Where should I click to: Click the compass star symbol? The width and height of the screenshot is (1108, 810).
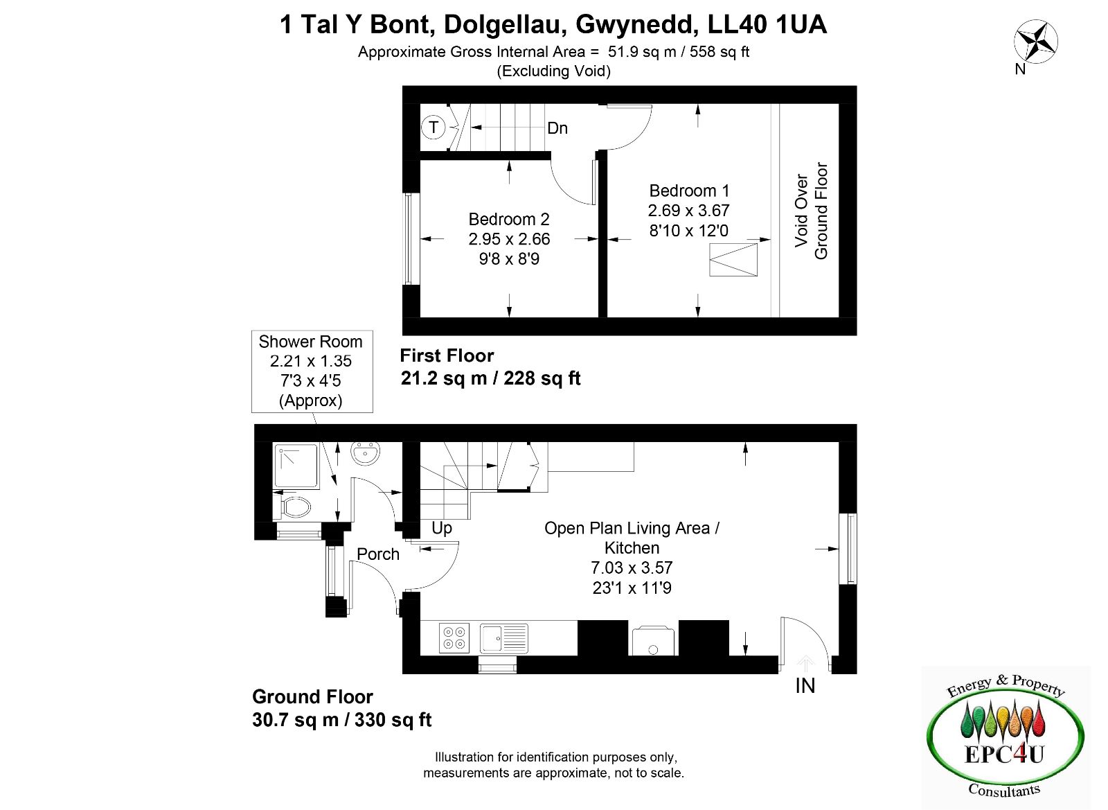[x=1036, y=42]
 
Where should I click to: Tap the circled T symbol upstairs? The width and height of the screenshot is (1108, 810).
[x=434, y=127]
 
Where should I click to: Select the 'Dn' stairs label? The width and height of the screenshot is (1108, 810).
[x=557, y=128]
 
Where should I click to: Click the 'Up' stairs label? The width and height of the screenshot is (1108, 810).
[x=442, y=528]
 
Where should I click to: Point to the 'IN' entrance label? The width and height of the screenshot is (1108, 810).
[x=805, y=685]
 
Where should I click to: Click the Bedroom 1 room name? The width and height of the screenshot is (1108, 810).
[x=689, y=191]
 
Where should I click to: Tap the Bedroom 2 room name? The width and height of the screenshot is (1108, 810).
[x=509, y=219]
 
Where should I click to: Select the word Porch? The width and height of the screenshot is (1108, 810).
[x=378, y=554]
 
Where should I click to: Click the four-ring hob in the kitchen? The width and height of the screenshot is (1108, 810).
[x=454, y=638]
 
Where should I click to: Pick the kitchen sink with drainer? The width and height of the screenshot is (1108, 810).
[x=504, y=638]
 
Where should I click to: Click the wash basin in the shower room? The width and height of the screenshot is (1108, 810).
[x=365, y=453]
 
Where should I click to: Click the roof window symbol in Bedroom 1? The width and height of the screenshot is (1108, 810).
[x=733, y=259]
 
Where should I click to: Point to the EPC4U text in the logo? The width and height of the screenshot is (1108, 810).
[x=1004, y=754]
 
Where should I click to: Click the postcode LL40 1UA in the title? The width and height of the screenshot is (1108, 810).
[x=767, y=24]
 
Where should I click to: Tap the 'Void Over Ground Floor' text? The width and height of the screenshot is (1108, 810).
[x=811, y=211]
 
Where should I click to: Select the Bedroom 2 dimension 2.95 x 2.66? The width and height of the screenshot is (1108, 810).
[x=509, y=239]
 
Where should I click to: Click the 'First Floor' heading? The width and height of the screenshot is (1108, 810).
[x=447, y=355]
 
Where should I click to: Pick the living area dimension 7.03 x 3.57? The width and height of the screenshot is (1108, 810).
[x=632, y=567]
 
